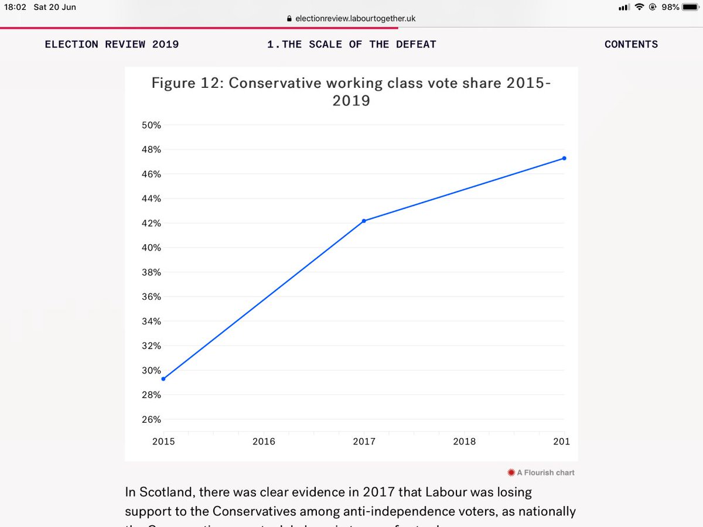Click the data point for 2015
click(x=163, y=379)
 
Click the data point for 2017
click(x=364, y=221)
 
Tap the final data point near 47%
click(x=564, y=158)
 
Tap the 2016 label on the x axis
click(x=264, y=442)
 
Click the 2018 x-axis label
click(x=464, y=442)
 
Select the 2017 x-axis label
click(x=364, y=442)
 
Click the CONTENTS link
click(x=631, y=45)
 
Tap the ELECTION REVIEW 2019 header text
click(x=112, y=45)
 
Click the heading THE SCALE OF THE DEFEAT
click(x=359, y=45)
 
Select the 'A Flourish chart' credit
click(x=545, y=472)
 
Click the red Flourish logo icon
click(x=511, y=472)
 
